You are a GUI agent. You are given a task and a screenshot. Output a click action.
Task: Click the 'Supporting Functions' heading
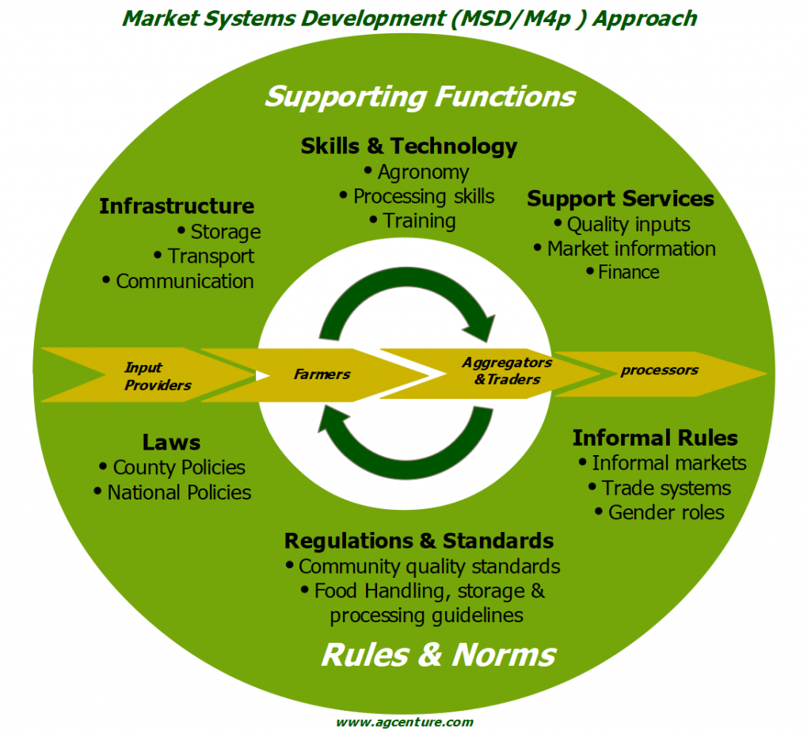(x=419, y=97)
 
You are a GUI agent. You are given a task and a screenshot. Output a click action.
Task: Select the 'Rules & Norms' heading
(x=438, y=655)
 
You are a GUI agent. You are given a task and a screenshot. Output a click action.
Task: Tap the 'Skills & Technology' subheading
(x=409, y=146)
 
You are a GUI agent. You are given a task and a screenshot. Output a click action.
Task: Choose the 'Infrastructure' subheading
(x=177, y=207)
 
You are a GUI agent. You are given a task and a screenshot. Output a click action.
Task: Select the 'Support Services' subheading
(x=620, y=199)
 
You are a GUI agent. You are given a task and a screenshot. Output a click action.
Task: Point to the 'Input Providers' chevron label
(x=158, y=376)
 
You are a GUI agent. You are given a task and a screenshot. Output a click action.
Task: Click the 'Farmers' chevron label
(x=322, y=374)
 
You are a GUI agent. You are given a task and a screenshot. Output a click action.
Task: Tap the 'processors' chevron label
(x=659, y=370)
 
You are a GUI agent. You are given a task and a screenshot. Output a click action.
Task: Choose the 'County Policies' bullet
(x=178, y=468)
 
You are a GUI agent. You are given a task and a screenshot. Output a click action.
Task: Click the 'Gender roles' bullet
(x=665, y=512)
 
